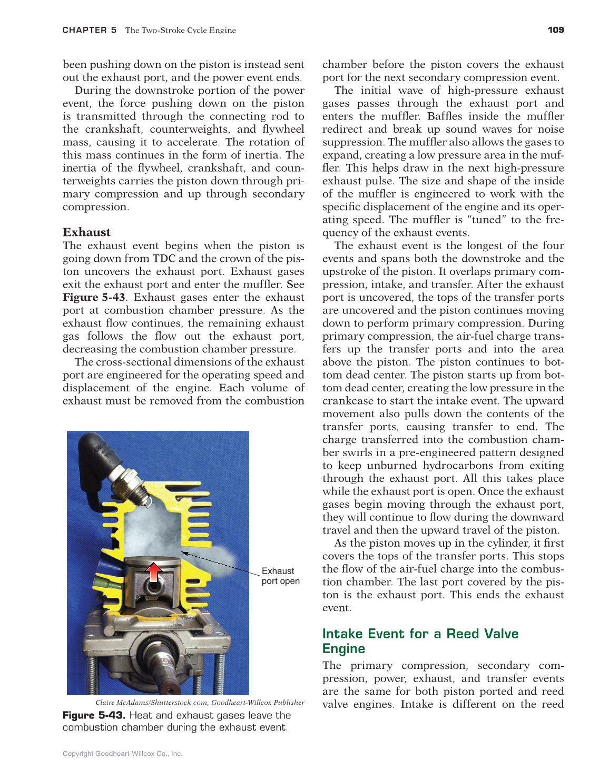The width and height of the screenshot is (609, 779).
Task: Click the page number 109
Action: click(556, 30)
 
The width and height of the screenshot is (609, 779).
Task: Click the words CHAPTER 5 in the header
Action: click(90, 30)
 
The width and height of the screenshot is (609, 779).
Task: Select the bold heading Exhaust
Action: click(86, 232)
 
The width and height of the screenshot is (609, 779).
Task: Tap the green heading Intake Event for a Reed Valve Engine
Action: click(420, 641)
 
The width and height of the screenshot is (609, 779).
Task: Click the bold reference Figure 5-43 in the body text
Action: click(94, 298)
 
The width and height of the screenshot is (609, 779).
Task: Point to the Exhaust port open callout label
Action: click(280, 576)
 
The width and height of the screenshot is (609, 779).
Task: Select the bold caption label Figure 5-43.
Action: click(94, 715)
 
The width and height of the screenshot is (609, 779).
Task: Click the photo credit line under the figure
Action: click(200, 703)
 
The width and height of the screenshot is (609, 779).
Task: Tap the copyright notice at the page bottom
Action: click(122, 754)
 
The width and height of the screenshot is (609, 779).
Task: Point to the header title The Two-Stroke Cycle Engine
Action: click(181, 30)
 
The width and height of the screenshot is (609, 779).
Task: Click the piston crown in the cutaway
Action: click(153, 561)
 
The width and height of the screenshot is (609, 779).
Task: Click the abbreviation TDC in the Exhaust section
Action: click(164, 259)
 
